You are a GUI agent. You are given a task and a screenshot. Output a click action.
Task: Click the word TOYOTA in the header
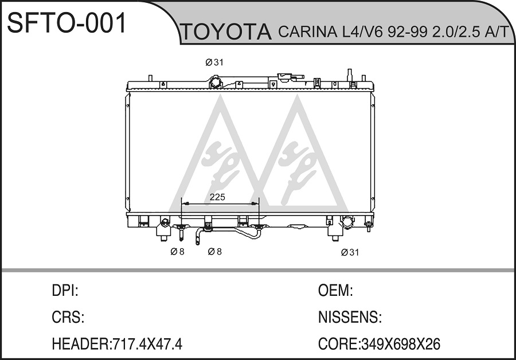tap(226, 32)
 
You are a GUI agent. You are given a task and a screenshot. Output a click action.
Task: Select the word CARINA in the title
tap(307, 32)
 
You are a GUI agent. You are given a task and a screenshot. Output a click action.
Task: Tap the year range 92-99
tap(404, 32)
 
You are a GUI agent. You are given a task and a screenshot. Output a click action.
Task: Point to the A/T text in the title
tap(494, 32)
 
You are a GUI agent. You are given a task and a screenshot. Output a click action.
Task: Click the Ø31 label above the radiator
tap(214, 62)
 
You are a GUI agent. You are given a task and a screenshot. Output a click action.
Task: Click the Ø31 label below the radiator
tap(350, 252)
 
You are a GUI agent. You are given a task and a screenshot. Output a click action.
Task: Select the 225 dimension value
tap(217, 197)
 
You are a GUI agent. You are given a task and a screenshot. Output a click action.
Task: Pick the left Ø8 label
tap(177, 252)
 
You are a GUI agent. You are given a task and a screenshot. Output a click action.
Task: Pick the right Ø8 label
tap(214, 252)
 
